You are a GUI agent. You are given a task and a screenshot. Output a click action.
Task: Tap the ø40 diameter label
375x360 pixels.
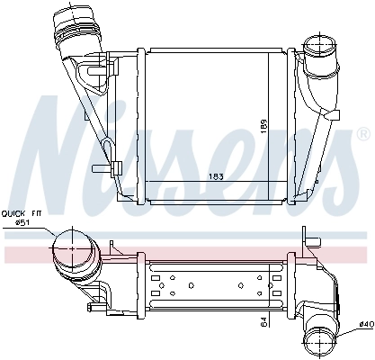[x=365, y=324]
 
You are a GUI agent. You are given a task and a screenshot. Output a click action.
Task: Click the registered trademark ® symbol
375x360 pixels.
[x=362, y=133]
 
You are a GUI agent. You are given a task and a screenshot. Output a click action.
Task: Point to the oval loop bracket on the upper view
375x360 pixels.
[x=107, y=148]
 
